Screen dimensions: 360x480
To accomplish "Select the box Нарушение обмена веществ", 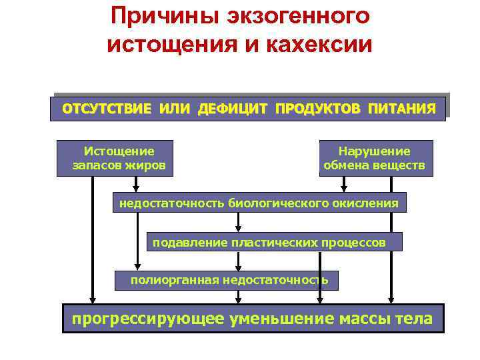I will tap(375, 158).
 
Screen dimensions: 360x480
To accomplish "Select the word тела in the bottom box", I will tap(414, 319).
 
